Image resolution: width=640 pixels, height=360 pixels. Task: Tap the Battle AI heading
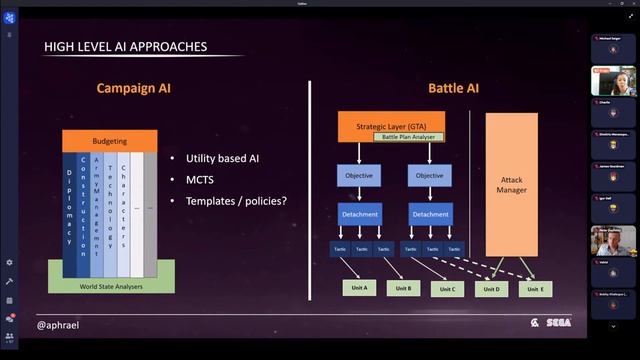[x=453, y=88]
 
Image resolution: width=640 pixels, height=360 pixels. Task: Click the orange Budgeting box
[x=110, y=142]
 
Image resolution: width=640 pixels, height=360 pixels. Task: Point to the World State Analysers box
[x=110, y=285]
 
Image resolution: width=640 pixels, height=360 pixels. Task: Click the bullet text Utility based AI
[x=222, y=160]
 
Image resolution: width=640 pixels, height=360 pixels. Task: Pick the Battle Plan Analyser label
[x=408, y=136]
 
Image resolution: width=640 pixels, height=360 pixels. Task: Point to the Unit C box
[x=447, y=289]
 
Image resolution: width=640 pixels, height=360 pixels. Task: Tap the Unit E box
[x=536, y=289]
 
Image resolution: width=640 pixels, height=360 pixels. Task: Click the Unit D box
[x=492, y=289]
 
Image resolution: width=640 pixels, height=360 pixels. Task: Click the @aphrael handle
[x=58, y=325]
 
